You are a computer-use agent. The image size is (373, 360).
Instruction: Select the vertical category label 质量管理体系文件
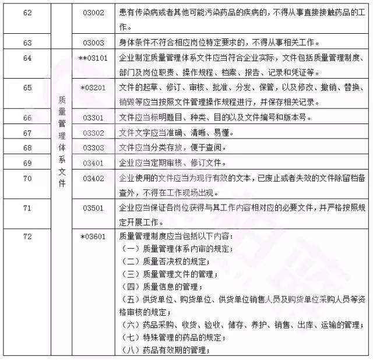tap(62, 141)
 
